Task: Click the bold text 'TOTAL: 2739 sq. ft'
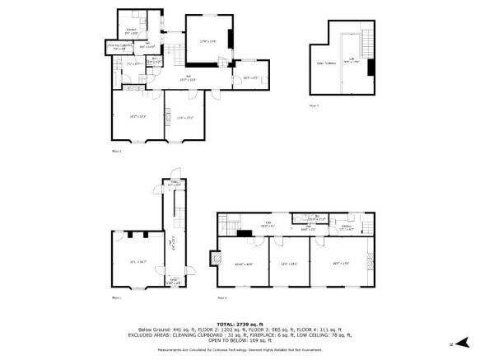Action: (x=239, y=323)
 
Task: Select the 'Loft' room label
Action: (x=351, y=59)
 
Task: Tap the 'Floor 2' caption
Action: (x=116, y=152)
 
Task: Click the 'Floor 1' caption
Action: (x=116, y=297)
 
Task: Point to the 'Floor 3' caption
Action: (x=222, y=297)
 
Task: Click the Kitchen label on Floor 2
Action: (x=130, y=31)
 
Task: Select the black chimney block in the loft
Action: (x=371, y=68)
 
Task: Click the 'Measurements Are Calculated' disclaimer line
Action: (x=239, y=349)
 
